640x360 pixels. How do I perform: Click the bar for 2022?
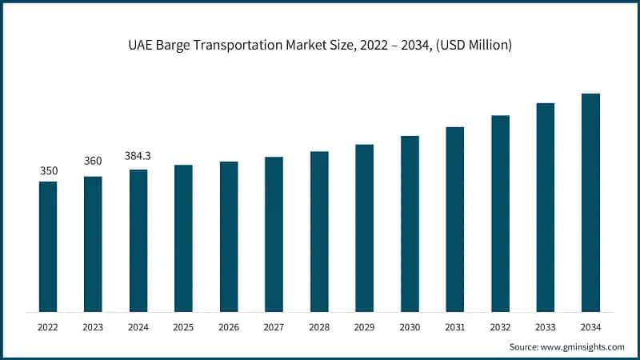pyautogui.click(x=48, y=246)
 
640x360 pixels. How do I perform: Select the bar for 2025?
pyautogui.click(x=183, y=238)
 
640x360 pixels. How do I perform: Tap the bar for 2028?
pyautogui.click(x=319, y=231)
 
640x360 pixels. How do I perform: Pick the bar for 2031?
pyautogui.click(x=455, y=219)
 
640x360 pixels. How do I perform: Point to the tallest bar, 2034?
pyautogui.click(x=590, y=202)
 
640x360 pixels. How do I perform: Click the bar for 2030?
pyautogui.click(x=410, y=224)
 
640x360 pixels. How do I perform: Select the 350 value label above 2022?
pyautogui.click(x=48, y=171)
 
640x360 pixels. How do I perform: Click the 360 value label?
pyautogui.click(x=93, y=162)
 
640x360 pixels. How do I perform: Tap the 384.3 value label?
pyautogui.click(x=138, y=156)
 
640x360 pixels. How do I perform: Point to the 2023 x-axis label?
pyautogui.click(x=93, y=326)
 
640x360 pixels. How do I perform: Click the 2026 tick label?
pyautogui.click(x=229, y=326)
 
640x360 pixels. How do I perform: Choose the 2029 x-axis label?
pyautogui.click(x=364, y=326)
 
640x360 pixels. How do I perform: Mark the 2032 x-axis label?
pyautogui.click(x=500, y=326)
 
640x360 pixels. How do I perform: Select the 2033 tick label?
pyautogui.click(x=546, y=326)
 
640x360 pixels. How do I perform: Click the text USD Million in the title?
pyautogui.click(x=478, y=45)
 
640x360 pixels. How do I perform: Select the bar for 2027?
pyautogui.click(x=274, y=234)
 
